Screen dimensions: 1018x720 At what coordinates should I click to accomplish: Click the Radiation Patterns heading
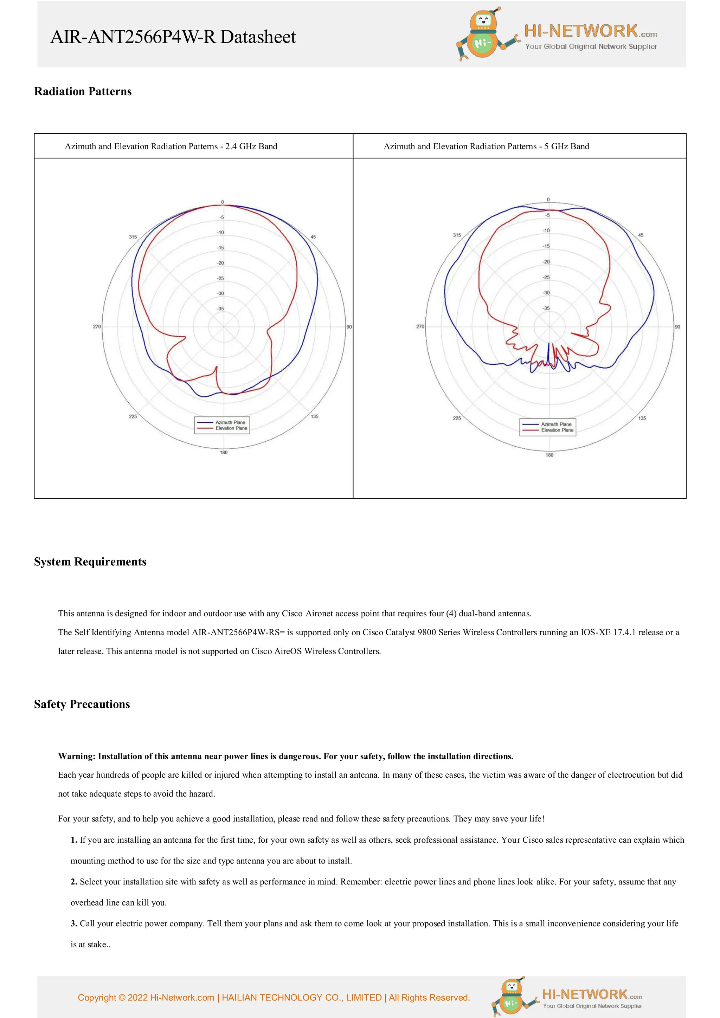click(83, 91)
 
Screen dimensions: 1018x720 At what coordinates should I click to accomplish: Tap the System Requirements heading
click(90, 562)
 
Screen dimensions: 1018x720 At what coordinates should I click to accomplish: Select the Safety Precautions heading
click(82, 704)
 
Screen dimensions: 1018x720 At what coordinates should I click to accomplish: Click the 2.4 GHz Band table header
click(171, 146)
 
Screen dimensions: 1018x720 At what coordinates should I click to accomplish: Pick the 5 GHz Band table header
click(486, 146)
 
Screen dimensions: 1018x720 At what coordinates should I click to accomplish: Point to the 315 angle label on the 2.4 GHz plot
click(133, 237)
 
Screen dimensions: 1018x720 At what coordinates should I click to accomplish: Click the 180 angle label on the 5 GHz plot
click(549, 455)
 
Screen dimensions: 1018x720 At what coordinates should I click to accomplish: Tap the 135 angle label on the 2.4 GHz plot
click(315, 416)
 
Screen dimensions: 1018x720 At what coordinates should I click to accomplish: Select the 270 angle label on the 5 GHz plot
click(420, 326)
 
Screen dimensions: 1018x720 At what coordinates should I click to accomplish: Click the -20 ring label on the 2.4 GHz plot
click(220, 263)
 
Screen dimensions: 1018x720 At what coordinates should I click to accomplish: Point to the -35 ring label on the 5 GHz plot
click(546, 308)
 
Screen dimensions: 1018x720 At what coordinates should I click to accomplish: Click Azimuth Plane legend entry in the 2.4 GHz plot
click(230, 422)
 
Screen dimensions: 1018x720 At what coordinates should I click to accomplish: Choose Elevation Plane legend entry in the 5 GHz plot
click(557, 430)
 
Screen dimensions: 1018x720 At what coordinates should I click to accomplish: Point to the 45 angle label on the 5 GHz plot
click(640, 235)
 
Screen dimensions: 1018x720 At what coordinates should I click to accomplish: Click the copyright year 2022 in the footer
click(137, 998)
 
